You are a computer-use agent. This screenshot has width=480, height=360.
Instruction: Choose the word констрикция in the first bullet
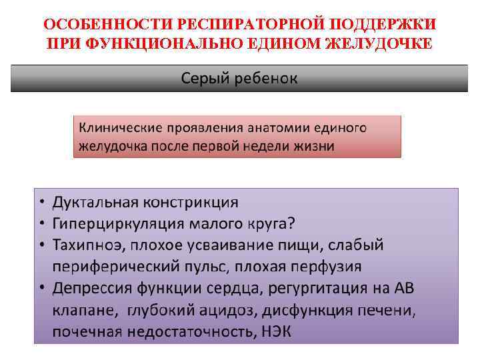pyautogui.click(x=194, y=202)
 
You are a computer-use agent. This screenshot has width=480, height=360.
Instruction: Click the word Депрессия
pyautogui.click(x=94, y=288)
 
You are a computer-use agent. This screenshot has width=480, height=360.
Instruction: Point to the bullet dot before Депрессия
pyautogui.click(x=42, y=289)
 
